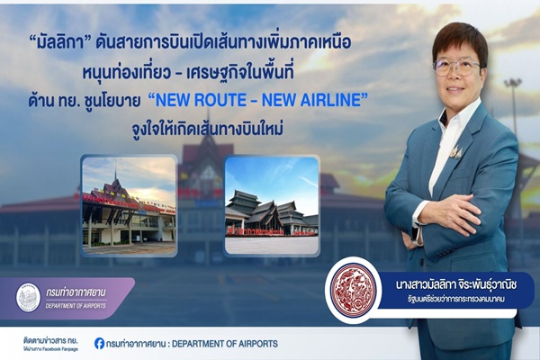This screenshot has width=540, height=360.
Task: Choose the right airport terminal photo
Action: pyautogui.click(x=272, y=206)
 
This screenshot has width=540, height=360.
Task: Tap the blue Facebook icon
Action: pyautogui.click(x=99, y=343)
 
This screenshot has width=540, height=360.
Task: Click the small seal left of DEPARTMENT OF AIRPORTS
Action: pyautogui.click(x=29, y=297)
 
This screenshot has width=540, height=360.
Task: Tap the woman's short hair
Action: pyautogui.click(x=459, y=40)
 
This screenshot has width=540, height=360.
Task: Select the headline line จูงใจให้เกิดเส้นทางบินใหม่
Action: pyautogui.click(x=202, y=131)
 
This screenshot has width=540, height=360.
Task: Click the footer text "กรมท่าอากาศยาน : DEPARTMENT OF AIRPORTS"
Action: pyautogui.click(x=192, y=344)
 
